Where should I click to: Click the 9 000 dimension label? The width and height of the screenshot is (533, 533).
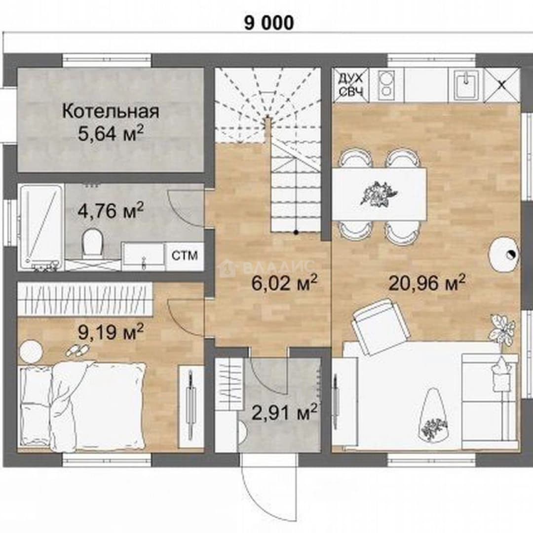[269, 24]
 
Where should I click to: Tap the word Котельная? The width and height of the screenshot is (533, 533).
[111, 112]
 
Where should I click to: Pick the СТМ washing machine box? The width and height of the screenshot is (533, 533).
[185, 256]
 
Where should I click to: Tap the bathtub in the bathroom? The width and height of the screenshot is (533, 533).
[40, 228]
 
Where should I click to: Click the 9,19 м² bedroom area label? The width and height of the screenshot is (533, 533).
[111, 332]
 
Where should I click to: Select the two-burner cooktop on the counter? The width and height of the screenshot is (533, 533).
[386, 85]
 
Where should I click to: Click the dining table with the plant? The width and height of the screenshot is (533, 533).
[379, 195]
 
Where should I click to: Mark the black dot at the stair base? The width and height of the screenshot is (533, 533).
[297, 232]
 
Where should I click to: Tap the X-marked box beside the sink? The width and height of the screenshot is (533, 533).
[502, 85]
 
